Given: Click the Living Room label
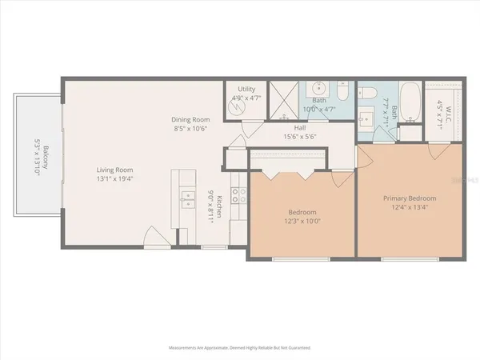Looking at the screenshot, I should tap(115, 170).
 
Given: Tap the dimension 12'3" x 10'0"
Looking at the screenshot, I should tap(303, 222).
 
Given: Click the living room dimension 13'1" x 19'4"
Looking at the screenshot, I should tap(115, 179).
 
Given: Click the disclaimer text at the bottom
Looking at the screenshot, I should tap(240, 348).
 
